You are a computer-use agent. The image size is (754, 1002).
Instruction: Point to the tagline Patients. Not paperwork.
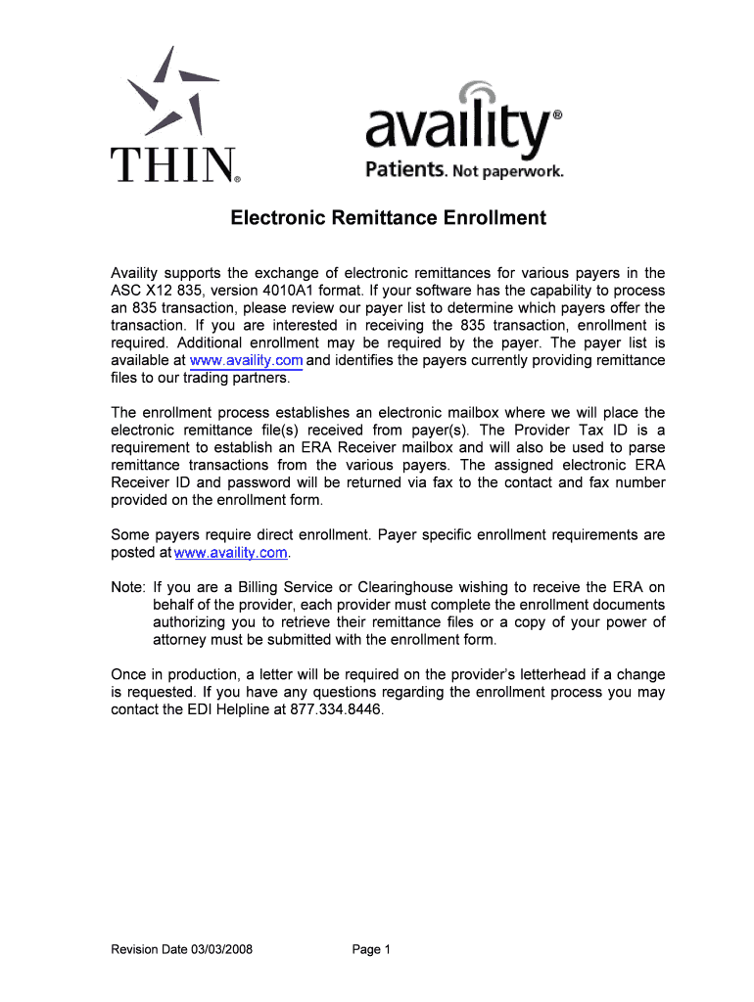464,172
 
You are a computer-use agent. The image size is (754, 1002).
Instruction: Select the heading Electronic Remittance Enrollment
388,218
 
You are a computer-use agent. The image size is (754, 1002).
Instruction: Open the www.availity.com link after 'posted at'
230,553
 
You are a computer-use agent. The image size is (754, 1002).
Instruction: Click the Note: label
128,588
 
